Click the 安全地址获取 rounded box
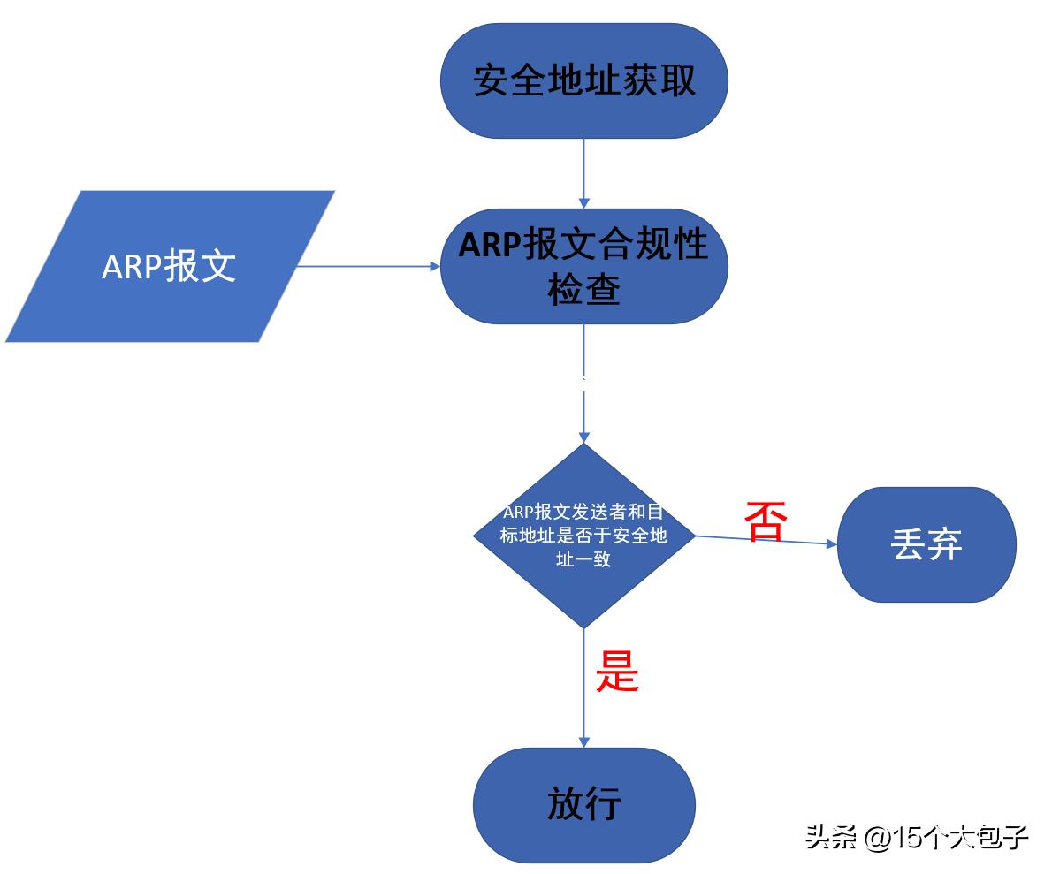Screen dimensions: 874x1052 (x=583, y=80)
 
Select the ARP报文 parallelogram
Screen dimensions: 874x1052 (x=170, y=266)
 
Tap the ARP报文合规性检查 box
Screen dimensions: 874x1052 (x=583, y=266)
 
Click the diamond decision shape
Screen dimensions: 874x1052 (x=583, y=536)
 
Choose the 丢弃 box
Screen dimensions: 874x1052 (x=926, y=544)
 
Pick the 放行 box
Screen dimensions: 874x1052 (x=583, y=804)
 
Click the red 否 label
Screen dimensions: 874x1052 (x=766, y=521)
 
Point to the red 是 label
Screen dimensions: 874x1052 (x=617, y=672)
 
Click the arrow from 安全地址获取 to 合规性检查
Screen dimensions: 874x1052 (x=583, y=173)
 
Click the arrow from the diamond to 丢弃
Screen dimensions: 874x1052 (x=766, y=541)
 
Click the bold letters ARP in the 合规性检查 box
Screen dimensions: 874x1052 (x=489, y=245)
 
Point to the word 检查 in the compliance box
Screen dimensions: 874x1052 (x=583, y=289)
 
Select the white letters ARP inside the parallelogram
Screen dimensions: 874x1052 (x=130, y=267)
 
